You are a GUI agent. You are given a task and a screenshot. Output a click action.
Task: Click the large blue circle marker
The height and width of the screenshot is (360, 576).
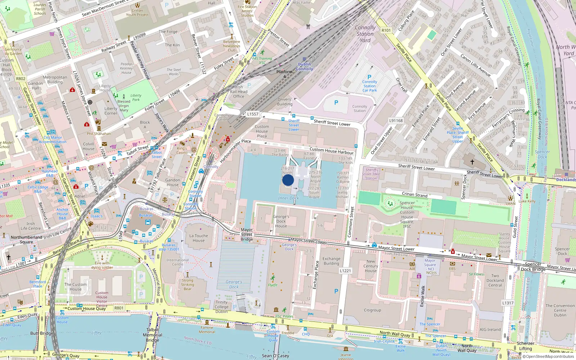[x=288, y=180]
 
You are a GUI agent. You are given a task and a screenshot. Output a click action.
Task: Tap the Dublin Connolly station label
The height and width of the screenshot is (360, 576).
[x=305, y=67]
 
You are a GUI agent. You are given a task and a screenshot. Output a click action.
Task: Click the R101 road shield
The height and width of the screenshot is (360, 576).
[x=386, y=30]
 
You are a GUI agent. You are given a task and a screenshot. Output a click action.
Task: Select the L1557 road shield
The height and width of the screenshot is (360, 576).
[x=253, y=114]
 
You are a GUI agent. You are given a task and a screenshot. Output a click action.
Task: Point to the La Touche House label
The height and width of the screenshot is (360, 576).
[x=199, y=238]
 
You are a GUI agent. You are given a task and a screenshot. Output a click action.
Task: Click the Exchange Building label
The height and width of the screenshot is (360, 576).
[x=331, y=261]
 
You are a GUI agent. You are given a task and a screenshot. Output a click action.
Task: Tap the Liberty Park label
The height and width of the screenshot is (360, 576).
[x=136, y=98]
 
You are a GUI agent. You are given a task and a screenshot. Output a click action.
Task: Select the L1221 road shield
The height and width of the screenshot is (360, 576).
[x=345, y=271]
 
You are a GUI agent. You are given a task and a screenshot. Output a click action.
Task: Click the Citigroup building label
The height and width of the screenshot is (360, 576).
[x=372, y=310]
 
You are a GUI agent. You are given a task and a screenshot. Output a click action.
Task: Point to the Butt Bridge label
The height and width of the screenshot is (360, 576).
[x=42, y=333]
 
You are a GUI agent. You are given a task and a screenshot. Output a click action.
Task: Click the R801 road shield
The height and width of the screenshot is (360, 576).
[x=119, y=308]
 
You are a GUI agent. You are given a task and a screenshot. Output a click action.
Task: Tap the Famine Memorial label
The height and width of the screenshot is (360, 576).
[x=207, y=330]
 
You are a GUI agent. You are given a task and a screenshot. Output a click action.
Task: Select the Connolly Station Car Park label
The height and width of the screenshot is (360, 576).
[x=370, y=86]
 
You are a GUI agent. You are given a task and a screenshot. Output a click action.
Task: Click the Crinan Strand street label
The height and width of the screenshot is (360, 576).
[x=415, y=194]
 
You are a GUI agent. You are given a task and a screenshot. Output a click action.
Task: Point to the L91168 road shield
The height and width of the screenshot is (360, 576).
[x=396, y=121]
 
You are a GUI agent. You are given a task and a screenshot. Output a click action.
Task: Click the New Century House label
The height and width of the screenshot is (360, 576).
[x=371, y=266]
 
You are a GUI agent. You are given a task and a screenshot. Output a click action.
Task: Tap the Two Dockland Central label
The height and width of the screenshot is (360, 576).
[x=495, y=280]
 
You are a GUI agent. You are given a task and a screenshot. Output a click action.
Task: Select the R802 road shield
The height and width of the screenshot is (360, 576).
[x=21, y=78]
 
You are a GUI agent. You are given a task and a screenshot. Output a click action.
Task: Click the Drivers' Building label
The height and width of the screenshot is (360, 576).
[x=285, y=102]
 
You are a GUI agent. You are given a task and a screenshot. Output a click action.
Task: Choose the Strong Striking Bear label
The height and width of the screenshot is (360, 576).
[x=188, y=284]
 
